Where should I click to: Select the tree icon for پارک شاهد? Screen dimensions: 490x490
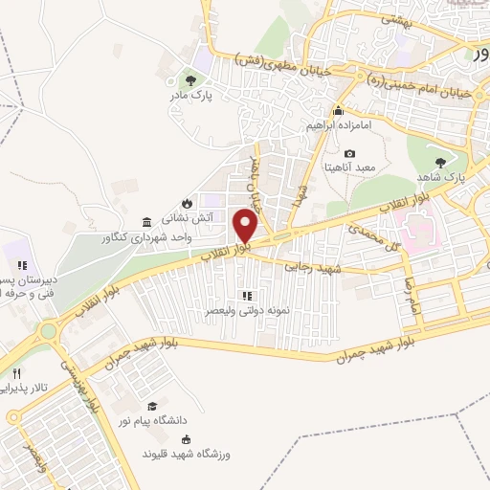pyautogui.click(x=440, y=163)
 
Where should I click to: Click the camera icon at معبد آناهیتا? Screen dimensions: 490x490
pyautogui.click(x=349, y=153)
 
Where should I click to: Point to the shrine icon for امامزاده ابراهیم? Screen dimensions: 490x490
pyautogui.click(x=337, y=110)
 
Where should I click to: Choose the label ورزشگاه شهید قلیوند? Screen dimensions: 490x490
pyautogui.click(x=191, y=452)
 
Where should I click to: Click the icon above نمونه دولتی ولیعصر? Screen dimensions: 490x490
pyautogui.click(x=246, y=296)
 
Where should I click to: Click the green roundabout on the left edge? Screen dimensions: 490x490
pyautogui.click(x=48, y=331)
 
